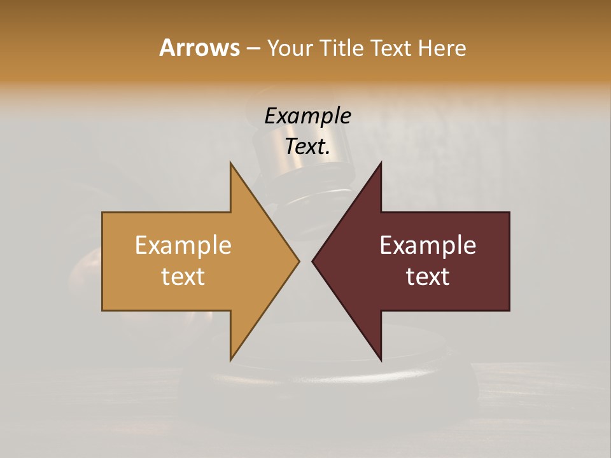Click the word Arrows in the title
click(x=199, y=48)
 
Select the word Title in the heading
click(x=344, y=48)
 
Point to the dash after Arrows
click(x=253, y=49)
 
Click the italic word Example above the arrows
click(x=307, y=116)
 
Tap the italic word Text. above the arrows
click(x=307, y=147)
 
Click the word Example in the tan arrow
click(x=183, y=246)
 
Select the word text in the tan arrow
click(x=183, y=277)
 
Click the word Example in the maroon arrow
click(x=428, y=246)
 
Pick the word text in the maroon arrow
click(x=428, y=277)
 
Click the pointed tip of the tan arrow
click(x=298, y=261)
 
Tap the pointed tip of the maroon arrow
click(x=313, y=261)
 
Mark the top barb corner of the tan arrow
click(x=231, y=163)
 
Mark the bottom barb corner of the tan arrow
click(x=231, y=359)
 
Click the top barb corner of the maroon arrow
click(x=381, y=163)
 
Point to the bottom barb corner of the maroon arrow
click(x=381, y=359)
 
